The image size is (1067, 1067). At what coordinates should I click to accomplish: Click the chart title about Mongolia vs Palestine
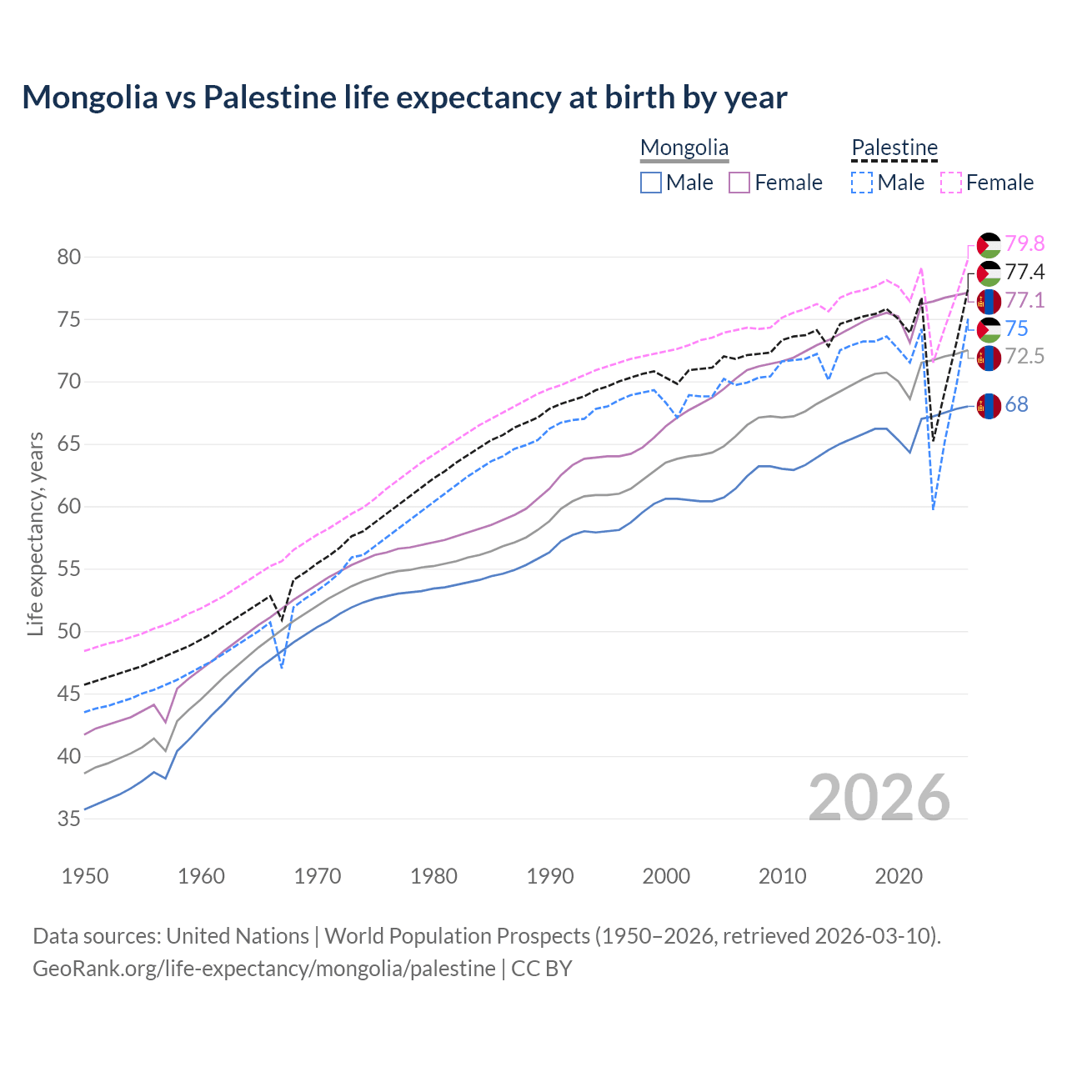[404, 98]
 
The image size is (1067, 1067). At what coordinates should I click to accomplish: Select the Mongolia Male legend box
[651, 183]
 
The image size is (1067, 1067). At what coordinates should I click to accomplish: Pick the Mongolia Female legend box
[739, 183]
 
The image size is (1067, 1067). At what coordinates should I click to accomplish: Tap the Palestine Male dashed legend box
[862, 183]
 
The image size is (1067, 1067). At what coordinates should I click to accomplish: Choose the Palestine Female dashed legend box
[951, 183]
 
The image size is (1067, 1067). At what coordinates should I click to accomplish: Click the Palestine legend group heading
[894, 148]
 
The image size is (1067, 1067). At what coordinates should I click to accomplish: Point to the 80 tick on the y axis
[69, 257]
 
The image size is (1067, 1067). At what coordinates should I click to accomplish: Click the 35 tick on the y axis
[69, 819]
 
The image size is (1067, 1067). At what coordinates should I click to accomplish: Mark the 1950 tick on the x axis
[85, 876]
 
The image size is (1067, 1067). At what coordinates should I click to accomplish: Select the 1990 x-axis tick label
[550, 876]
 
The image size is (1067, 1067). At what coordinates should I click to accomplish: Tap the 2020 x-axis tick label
[899, 876]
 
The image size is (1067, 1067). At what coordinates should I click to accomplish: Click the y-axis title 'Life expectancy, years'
[35, 533]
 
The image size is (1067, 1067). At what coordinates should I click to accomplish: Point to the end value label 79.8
[1024, 243]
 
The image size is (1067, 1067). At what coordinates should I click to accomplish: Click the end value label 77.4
[1024, 272]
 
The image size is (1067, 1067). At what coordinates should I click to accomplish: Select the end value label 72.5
[1024, 357]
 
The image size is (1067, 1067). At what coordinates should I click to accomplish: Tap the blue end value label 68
[1016, 405]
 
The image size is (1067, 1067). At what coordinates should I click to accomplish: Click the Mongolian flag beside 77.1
[989, 301]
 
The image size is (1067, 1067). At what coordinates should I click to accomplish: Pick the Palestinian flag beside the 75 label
[989, 329]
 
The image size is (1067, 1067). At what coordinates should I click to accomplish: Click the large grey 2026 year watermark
[879, 798]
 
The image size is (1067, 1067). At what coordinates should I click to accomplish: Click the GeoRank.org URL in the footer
[263, 969]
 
